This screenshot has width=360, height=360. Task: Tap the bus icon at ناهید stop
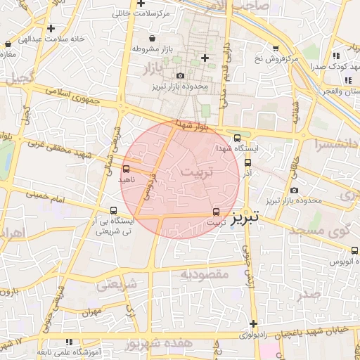click(126, 169)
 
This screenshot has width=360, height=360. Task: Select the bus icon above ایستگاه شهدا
click(237, 138)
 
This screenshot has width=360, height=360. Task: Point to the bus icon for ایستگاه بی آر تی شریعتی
click(114, 210)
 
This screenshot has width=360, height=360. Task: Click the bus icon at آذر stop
click(247, 162)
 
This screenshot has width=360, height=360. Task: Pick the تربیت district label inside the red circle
click(195, 172)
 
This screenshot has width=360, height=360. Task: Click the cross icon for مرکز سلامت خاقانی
click(141, 4)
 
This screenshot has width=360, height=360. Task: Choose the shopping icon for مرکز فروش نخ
click(275, 48)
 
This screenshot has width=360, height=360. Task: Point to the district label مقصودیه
click(205, 274)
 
